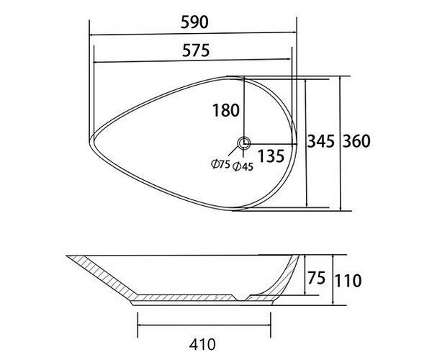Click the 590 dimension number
click(194, 22)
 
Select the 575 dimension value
click(196, 50)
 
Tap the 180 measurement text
click(226, 110)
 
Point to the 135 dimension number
click(271, 156)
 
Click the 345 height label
click(321, 141)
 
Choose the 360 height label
click(356, 141)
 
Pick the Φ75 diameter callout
click(220, 164)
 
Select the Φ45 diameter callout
click(243, 166)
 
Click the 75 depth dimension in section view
click(317, 278)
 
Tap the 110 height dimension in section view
click(348, 281)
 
